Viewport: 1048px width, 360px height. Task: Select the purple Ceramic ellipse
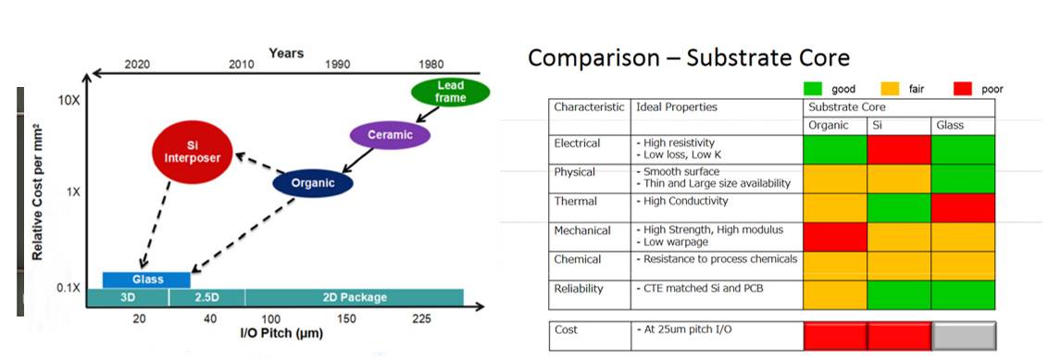click(x=390, y=136)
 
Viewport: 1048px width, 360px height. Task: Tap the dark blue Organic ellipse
click(x=312, y=183)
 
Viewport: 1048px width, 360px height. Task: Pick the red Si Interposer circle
click(x=193, y=151)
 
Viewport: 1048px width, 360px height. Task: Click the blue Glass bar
click(x=146, y=279)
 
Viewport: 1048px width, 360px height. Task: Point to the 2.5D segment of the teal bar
click(x=207, y=297)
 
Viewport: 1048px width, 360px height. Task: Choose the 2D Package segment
click(x=355, y=297)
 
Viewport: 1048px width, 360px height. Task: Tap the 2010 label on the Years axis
click(x=242, y=65)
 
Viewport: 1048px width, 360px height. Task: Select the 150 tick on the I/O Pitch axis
click(x=346, y=319)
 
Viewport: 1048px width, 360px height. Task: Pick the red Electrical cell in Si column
click(x=899, y=149)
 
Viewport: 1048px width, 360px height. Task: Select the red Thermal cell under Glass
click(x=963, y=207)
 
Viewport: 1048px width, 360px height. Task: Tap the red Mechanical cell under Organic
click(x=835, y=237)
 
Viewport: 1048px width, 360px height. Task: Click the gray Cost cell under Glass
click(x=964, y=335)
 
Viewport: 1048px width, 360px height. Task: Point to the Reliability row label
click(x=578, y=289)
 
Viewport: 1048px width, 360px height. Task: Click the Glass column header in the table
click(x=950, y=125)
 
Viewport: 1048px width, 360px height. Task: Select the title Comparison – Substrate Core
click(x=689, y=57)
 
